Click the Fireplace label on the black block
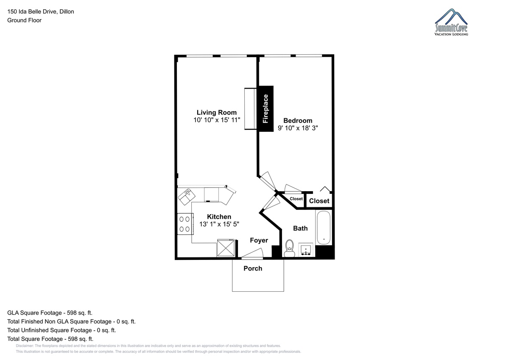265,109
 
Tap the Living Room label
217,112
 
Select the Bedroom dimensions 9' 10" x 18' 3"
298,128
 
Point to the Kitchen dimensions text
219,224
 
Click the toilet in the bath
289,248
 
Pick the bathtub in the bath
324,227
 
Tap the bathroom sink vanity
306,250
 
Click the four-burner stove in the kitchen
185,224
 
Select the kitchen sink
187,197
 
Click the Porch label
253,268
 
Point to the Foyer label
259,240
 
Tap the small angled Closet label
296,199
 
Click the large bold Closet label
319,201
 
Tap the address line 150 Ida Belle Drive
40,11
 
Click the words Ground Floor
24,20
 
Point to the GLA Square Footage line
50,313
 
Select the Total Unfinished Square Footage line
62,330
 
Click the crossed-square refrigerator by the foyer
226,248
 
